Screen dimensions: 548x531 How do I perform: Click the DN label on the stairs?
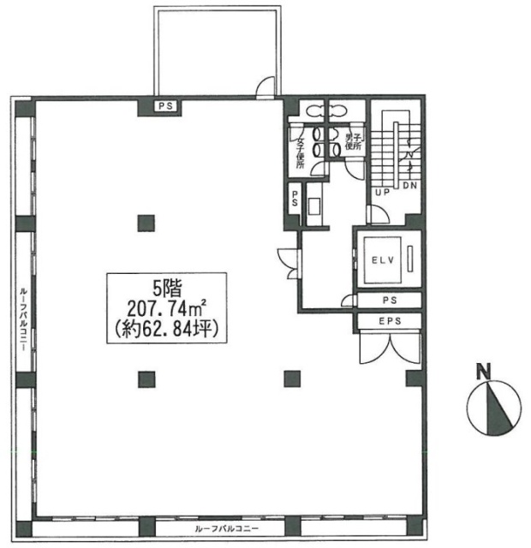click(x=409, y=186)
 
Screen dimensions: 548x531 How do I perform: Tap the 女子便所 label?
click(x=301, y=152)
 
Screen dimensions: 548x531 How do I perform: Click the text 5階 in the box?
click(x=165, y=288)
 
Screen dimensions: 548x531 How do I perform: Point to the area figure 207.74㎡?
click(x=165, y=307)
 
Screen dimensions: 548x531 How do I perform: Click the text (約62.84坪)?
click(x=165, y=327)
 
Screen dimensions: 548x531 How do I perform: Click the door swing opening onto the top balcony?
click(x=267, y=86)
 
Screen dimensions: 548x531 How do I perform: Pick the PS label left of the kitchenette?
click(x=295, y=199)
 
